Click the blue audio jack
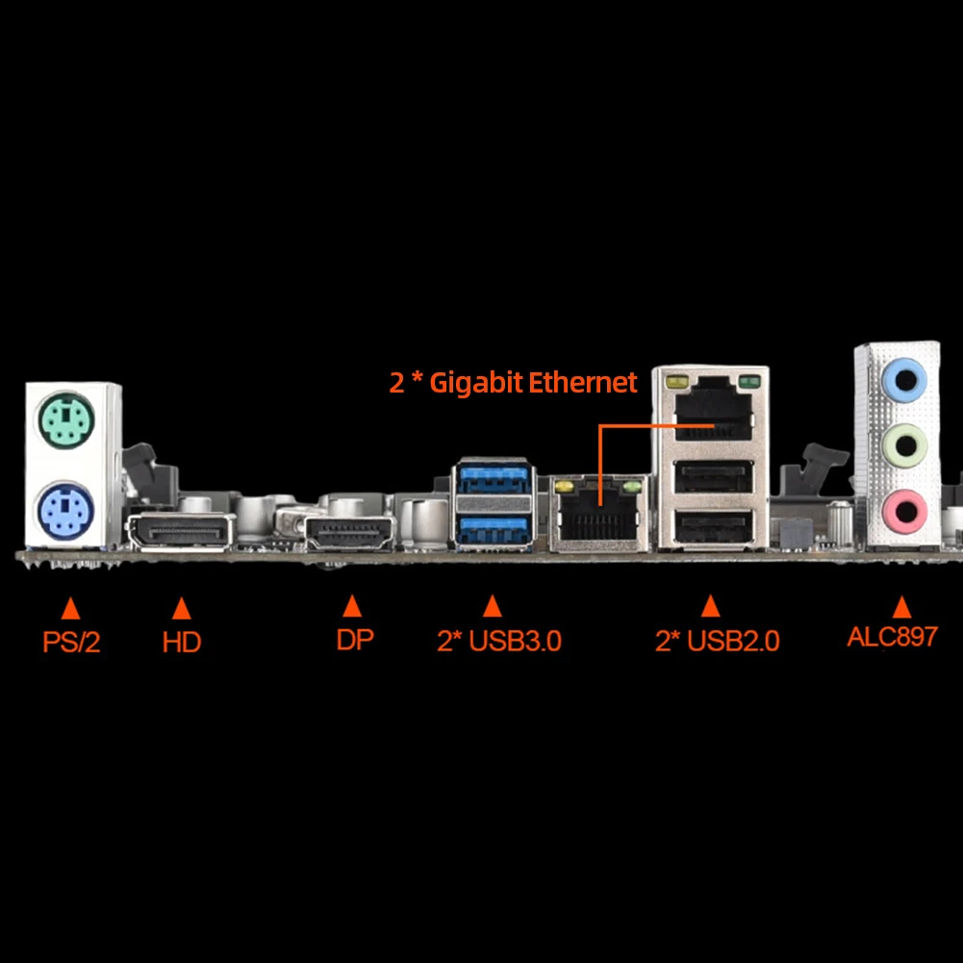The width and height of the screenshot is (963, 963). point(903,379)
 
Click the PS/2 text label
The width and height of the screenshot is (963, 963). point(71,642)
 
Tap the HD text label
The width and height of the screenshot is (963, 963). point(182,642)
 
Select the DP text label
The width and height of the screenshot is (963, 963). point(354,640)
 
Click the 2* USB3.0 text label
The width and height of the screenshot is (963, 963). point(498,641)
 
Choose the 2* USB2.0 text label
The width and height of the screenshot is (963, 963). point(717,641)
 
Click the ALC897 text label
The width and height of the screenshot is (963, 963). point(892,637)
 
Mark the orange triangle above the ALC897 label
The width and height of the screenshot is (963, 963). point(901,606)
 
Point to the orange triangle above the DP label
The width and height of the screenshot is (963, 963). point(352,606)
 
